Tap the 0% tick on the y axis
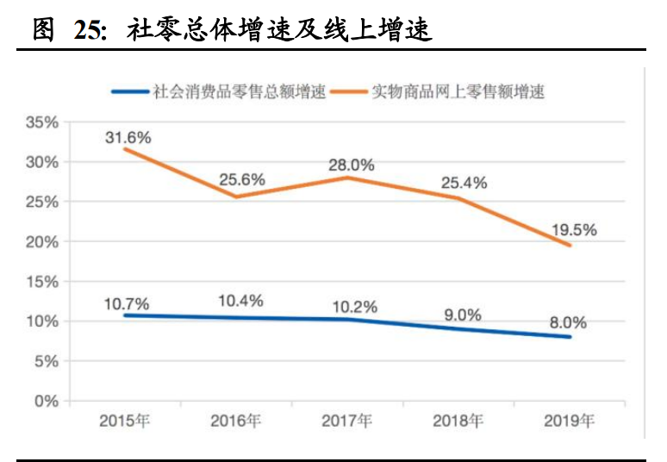coord(47,401)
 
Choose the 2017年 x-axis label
coord(346,421)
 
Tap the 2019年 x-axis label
coord(569,421)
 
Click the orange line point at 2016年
coord(236,197)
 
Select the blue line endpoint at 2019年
coord(570,337)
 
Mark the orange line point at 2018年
coord(458,198)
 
